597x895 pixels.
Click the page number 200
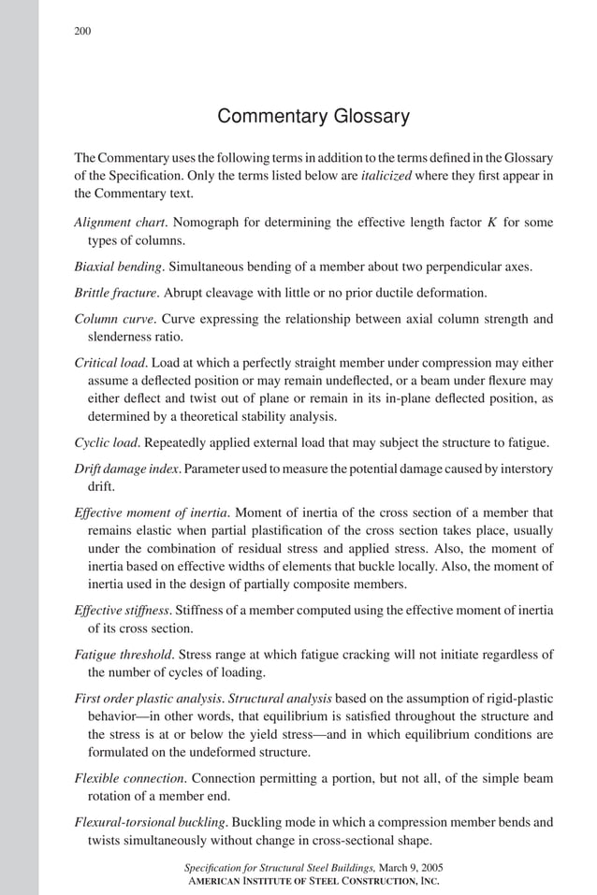pyautogui.click(x=82, y=32)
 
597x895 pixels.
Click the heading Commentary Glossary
pyautogui.click(x=313, y=117)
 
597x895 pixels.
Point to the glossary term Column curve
pyautogui.click(x=111, y=318)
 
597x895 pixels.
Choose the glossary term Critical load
pyautogui.click(x=109, y=362)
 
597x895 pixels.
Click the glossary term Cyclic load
pyautogui.click(x=105, y=442)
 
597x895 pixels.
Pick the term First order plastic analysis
pyautogui.click(x=149, y=698)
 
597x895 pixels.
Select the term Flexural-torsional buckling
pyautogui.click(x=149, y=823)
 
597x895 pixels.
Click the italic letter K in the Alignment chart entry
pyautogui.click(x=491, y=223)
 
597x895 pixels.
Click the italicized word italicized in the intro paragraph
pyautogui.click(x=386, y=176)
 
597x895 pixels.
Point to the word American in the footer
pyautogui.click(x=223, y=881)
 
